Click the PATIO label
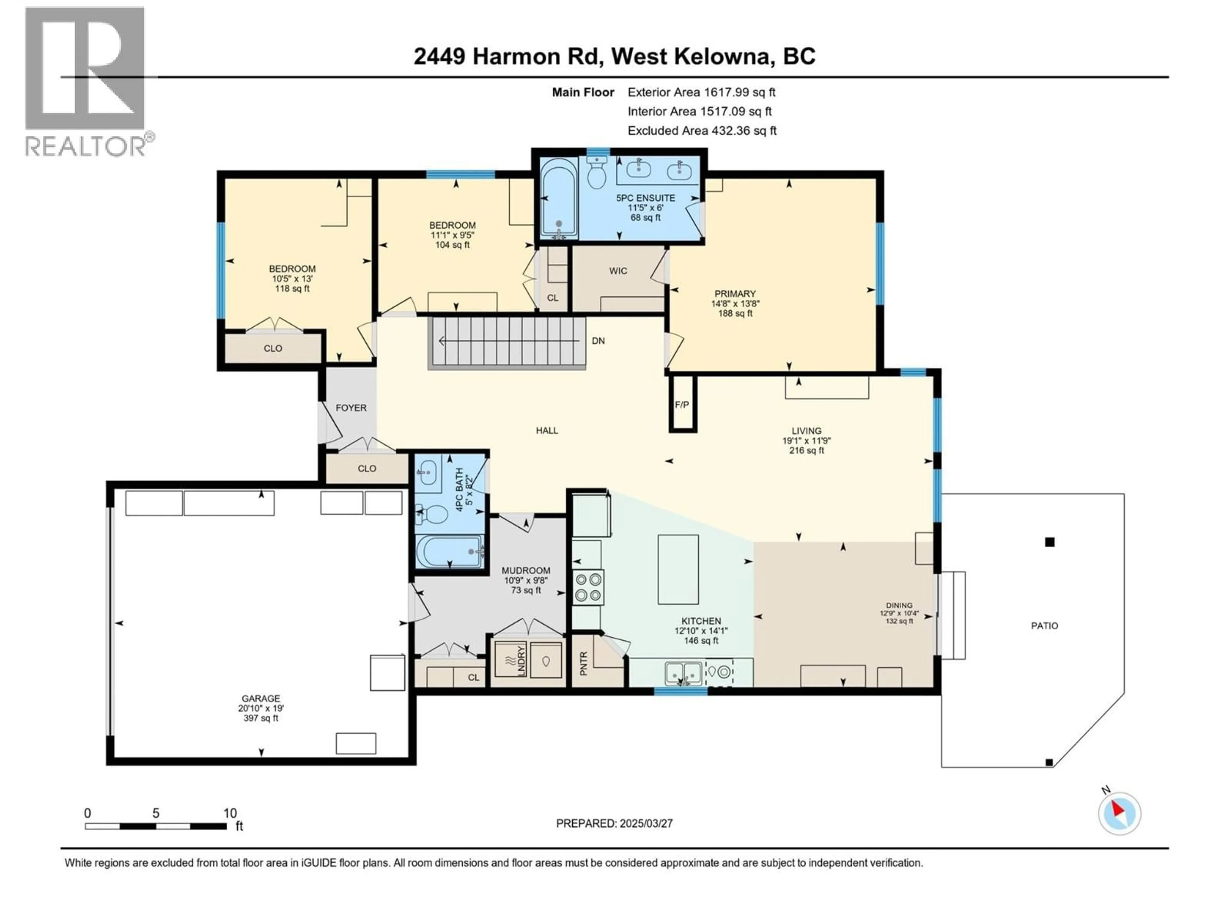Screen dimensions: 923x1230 tap(1044, 625)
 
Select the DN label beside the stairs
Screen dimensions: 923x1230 tap(598, 340)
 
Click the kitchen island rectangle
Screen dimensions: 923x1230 tap(678, 569)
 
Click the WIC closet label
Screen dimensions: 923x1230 tap(618, 271)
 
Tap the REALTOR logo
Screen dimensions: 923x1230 tap(86, 81)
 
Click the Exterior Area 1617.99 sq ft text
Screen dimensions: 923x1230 tap(701, 92)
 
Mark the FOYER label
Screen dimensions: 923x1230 tap(351, 408)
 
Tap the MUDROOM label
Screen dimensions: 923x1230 tap(526, 570)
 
